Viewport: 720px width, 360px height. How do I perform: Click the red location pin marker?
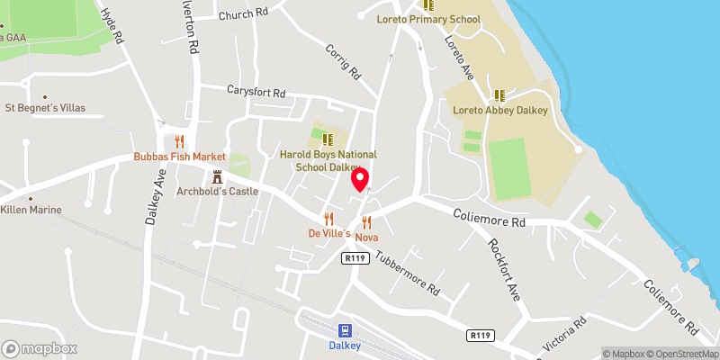tap(360, 180)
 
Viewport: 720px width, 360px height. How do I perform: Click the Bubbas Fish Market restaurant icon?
tap(180, 141)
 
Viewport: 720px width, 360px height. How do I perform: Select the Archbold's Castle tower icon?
tap(217, 176)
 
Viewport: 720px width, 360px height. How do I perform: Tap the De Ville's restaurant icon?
tap(328, 219)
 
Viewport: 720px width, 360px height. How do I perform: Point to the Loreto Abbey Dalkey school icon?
tap(499, 95)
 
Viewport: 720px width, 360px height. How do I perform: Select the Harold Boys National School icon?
tap(328, 139)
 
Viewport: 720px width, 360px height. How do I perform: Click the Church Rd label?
tap(243, 13)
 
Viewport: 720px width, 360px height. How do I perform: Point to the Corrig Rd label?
tap(343, 62)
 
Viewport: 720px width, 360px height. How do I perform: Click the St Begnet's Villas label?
tap(45, 108)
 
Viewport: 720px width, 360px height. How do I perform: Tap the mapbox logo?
tap(39, 348)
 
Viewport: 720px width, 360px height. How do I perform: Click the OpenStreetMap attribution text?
tap(682, 354)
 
